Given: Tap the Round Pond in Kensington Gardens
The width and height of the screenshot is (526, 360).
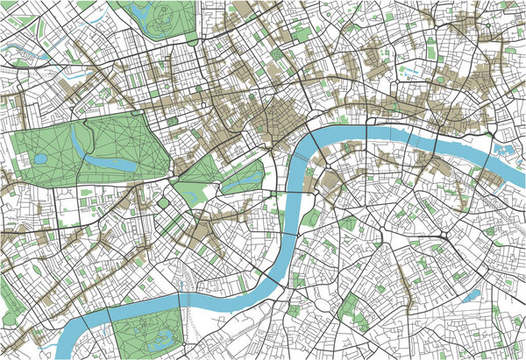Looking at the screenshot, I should (x=39, y=159).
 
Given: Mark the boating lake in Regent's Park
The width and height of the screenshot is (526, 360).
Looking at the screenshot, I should (x=140, y=11).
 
